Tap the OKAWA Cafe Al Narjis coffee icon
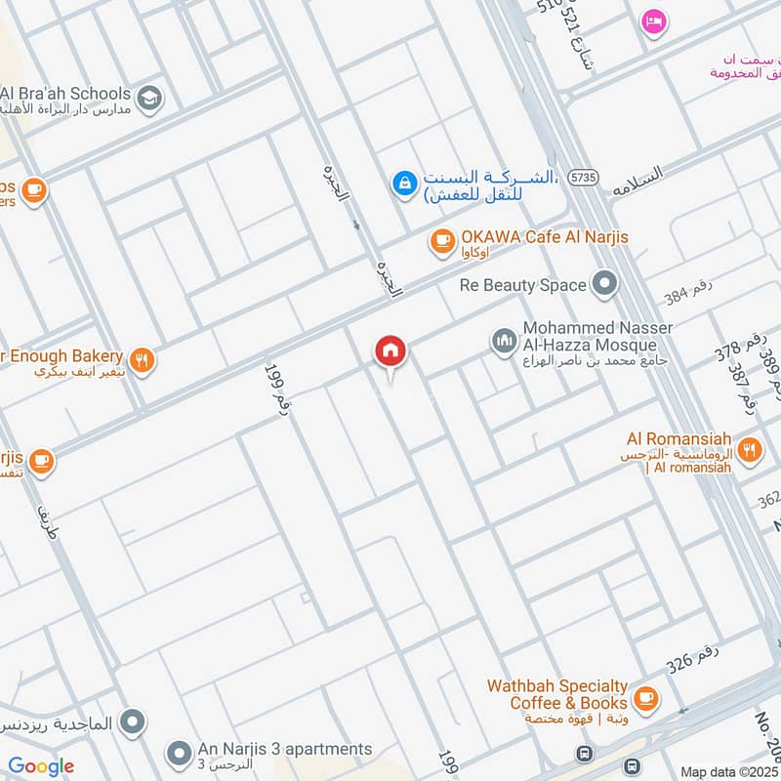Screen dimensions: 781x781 click(442, 238)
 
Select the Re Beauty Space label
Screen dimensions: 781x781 click(523, 285)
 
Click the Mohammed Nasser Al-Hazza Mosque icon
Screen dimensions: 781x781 click(504, 341)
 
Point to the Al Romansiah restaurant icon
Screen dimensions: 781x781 click(749, 450)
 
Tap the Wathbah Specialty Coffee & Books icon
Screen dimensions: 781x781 click(644, 697)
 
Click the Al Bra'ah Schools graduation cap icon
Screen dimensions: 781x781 click(149, 97)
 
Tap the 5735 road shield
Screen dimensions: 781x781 click(583, 177)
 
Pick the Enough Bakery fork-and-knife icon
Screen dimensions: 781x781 click(143, 361)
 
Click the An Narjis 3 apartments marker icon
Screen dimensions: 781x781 click(178, 753)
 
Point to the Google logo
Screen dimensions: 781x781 click(41, 766)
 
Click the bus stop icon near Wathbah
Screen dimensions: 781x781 click(584, 754)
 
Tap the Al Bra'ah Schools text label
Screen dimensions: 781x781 click(64, 93)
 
